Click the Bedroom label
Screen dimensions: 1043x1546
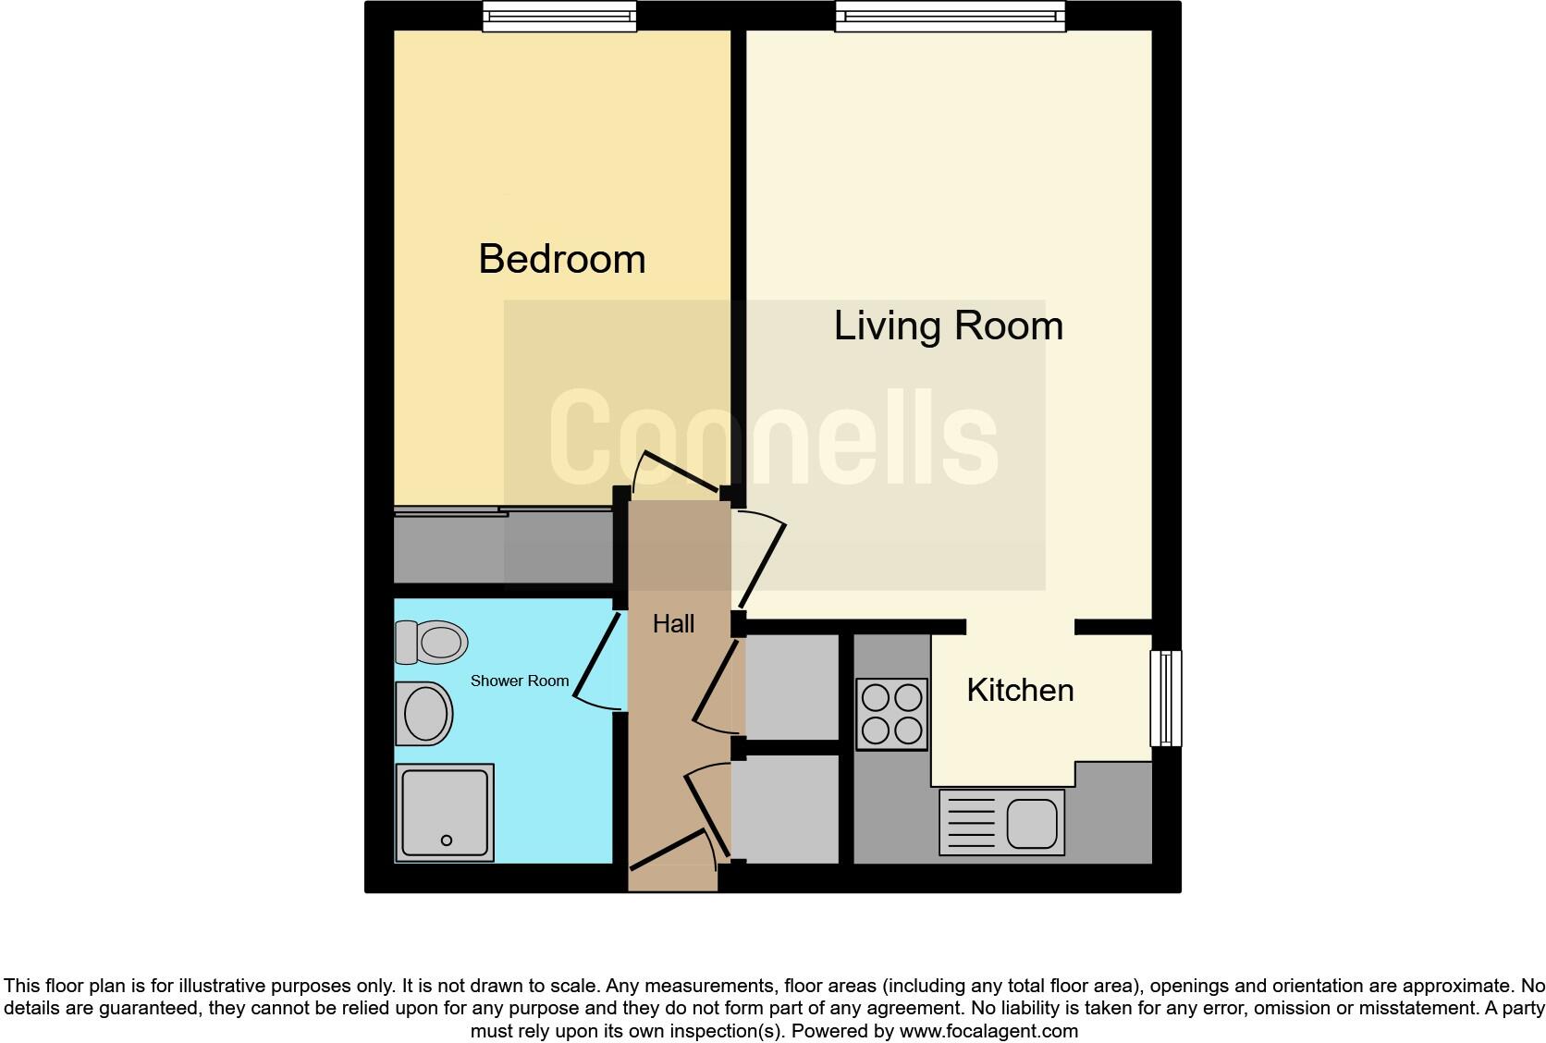tap(561, 259)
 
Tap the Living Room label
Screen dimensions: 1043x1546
tap(948, 325)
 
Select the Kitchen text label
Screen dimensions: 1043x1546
tap(1020, 690)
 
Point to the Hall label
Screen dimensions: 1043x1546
tap(673, 624)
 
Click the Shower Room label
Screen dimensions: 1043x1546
tap(519, 681)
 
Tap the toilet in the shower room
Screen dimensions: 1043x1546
tap(432, 642)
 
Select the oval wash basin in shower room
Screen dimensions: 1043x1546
tap(424, 713)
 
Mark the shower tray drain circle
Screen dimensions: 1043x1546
tap(447, 841)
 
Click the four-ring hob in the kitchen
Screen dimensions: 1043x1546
tap(891, 714)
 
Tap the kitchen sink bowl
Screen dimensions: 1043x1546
tap(1032, 822)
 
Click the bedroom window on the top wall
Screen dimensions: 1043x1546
tap(559, 16)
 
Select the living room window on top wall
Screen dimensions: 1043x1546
tap(950, 16)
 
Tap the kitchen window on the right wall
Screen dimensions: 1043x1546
tap(1166, 698)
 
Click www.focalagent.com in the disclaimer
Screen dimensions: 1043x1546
tap(988, 1030)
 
